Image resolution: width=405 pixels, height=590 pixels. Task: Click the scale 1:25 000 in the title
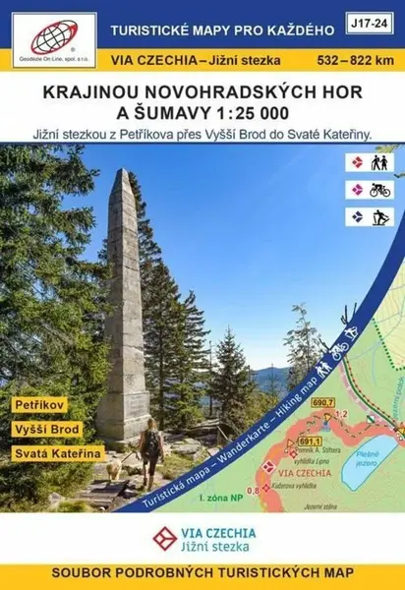pyautogui.click(x=256, y=115)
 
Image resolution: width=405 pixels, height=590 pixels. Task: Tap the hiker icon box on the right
pyautogui.click(x=368, y=162)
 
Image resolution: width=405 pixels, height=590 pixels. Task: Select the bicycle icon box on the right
pyautogui.click(x=368, y=189)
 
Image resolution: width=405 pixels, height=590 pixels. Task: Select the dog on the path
pyautogui.click(x=115, y=469)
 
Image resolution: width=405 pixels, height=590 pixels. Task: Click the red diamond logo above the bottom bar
pyautogui.click(x=167, y=537)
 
